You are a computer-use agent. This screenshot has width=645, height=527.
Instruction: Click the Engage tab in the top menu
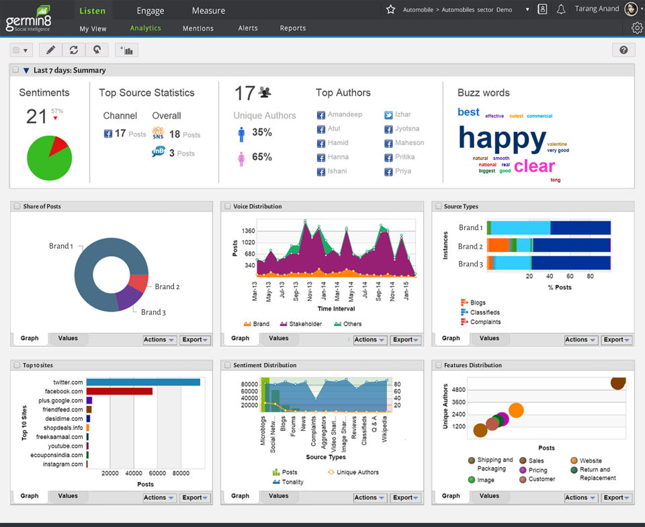[x=150, y=11]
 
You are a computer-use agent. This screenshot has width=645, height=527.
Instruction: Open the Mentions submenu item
[x=198, y=28]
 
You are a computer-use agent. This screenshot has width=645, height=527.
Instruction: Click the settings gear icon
[x=637, y=28]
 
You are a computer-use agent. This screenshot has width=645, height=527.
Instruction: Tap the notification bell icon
[x=561, y=9]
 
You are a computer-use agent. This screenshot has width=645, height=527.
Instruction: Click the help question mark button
[x=623, y=50]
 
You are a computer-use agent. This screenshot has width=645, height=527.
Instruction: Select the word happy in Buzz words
[x=502, y=138]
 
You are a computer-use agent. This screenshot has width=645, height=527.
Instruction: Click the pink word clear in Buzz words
[x=534, y=165]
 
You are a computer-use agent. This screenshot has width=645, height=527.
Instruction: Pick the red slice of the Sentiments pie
[x=58, y=144]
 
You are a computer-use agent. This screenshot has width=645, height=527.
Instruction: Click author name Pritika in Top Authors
[x=404, y=157]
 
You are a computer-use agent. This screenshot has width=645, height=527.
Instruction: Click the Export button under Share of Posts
[x=195, y=339]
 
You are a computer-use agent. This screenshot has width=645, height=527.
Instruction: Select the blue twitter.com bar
[x=143, y=382]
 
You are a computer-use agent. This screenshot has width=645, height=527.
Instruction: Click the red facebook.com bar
[x=120, y=391]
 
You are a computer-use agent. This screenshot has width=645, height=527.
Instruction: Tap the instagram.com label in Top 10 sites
[x=63, y=464]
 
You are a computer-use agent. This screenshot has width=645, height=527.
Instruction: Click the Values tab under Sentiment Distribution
[x=279, y=496]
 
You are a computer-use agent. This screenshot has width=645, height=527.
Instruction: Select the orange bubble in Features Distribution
[x=516, y=410]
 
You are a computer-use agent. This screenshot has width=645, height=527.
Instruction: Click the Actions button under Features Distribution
[x=579, y=497]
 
